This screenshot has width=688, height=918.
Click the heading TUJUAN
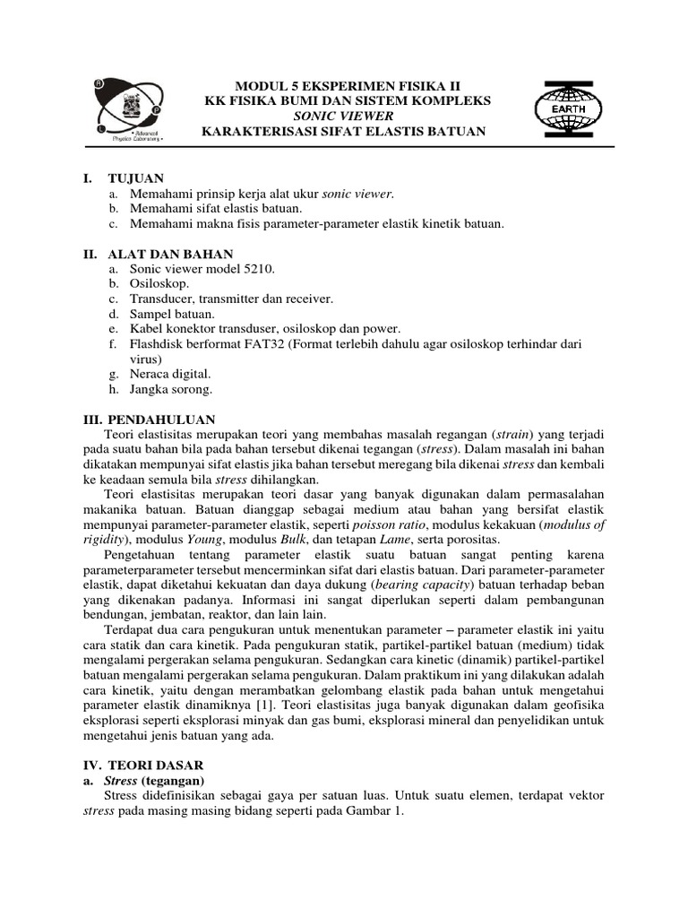(x=135, y=178)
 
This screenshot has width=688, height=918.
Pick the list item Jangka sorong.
(x=171, y=389)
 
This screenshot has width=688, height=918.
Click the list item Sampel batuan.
(x=172, y=314)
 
